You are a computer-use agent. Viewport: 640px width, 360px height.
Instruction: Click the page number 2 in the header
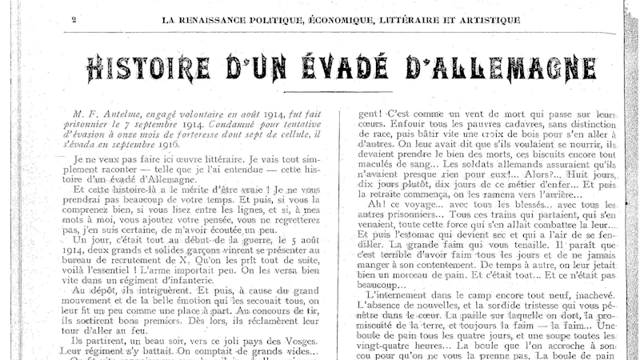73,19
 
